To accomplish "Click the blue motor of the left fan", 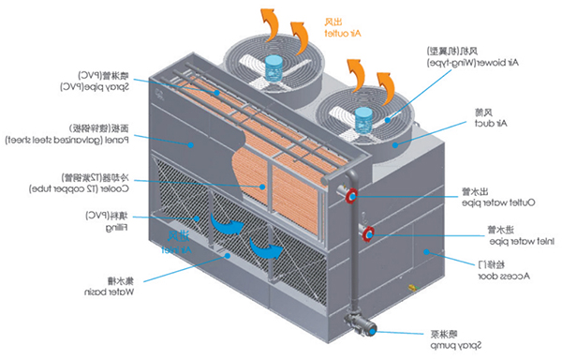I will click(274, 67).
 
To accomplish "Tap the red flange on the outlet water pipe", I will click(353, 196).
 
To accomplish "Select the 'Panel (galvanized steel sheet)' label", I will click(66, 135).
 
